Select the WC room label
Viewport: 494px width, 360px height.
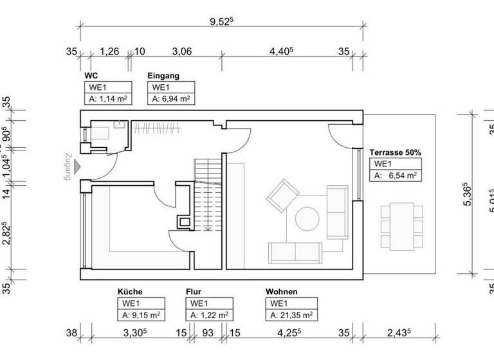pyautogui.click(x=91, y=76)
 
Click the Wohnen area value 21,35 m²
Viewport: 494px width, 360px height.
pyautogui.click(x=292, y=315)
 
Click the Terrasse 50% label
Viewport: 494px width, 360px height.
pyautogui.click(x=395, y=153)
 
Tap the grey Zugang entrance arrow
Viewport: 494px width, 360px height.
pyautogui.click(x=77, y=167)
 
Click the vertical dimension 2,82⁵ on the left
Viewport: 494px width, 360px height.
pyautogui.click(x=6, y=233)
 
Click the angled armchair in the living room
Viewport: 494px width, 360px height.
pyautogui.click(x=282, y=196)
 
